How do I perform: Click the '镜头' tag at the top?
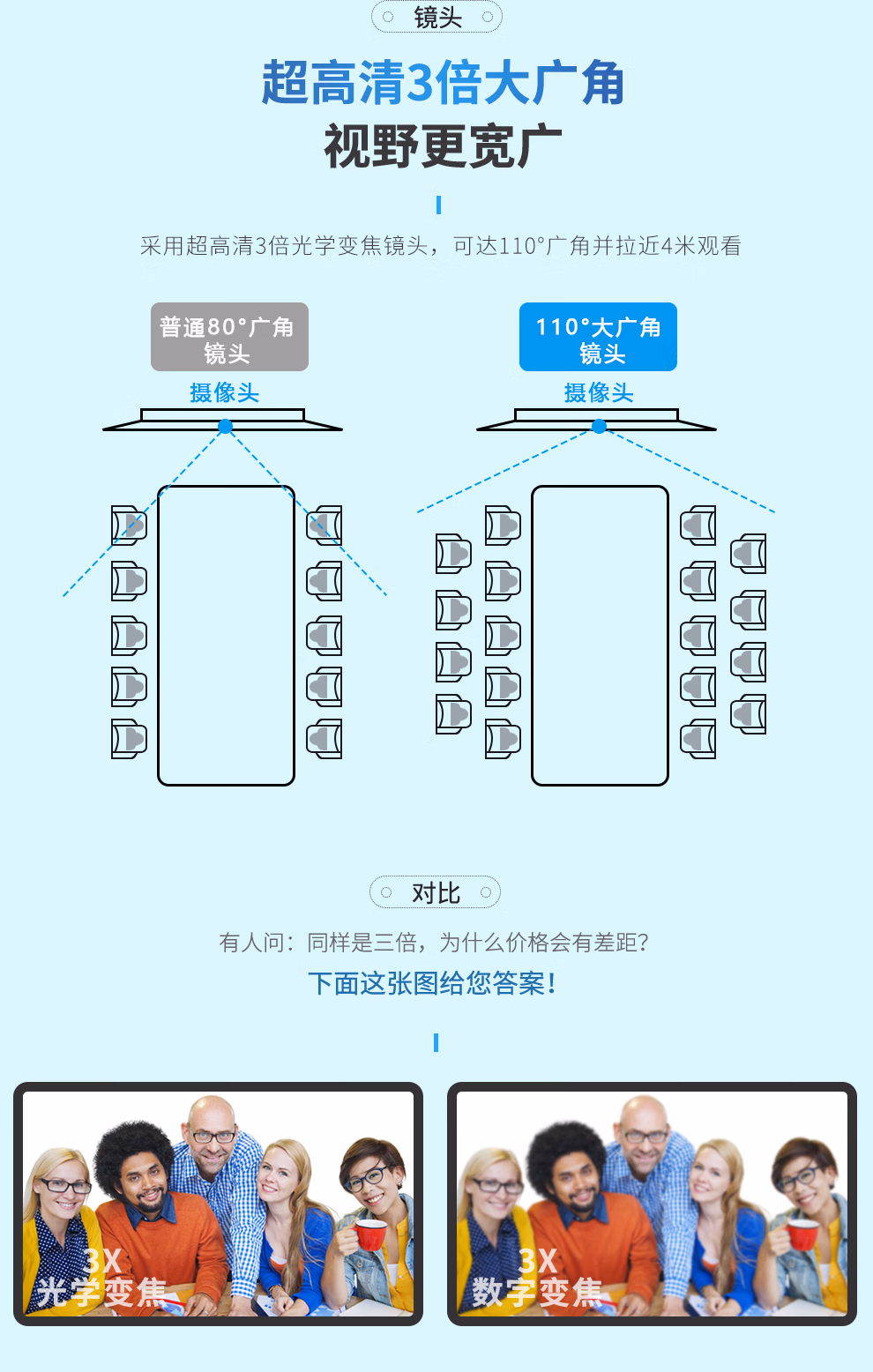tap(437, 17)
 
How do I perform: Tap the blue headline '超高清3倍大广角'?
tap(443, 84)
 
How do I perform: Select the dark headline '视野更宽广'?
tap(443, 146)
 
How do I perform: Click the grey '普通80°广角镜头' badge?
tap(229, 338)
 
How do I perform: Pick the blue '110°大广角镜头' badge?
tap(598, 338)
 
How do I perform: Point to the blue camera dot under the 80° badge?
tap(226, 427)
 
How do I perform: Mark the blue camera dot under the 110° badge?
tap(600, 427)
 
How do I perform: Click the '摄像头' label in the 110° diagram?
tap(599, 392)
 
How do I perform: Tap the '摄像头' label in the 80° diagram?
tap(225, 392)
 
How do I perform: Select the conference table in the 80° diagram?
tap(226, 635)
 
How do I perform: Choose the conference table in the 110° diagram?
tap(600, 635)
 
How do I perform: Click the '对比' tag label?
tap(436, 893)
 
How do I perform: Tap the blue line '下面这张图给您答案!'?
tap(432, 983)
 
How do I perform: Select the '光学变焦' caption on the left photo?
tap(101, 1293)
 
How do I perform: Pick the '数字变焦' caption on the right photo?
tap(537, 1293)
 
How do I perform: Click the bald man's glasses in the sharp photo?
tap(213, 1136)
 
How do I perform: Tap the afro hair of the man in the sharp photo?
tap(133, 1145)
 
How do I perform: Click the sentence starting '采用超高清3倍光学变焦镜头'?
tap(441, 246)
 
